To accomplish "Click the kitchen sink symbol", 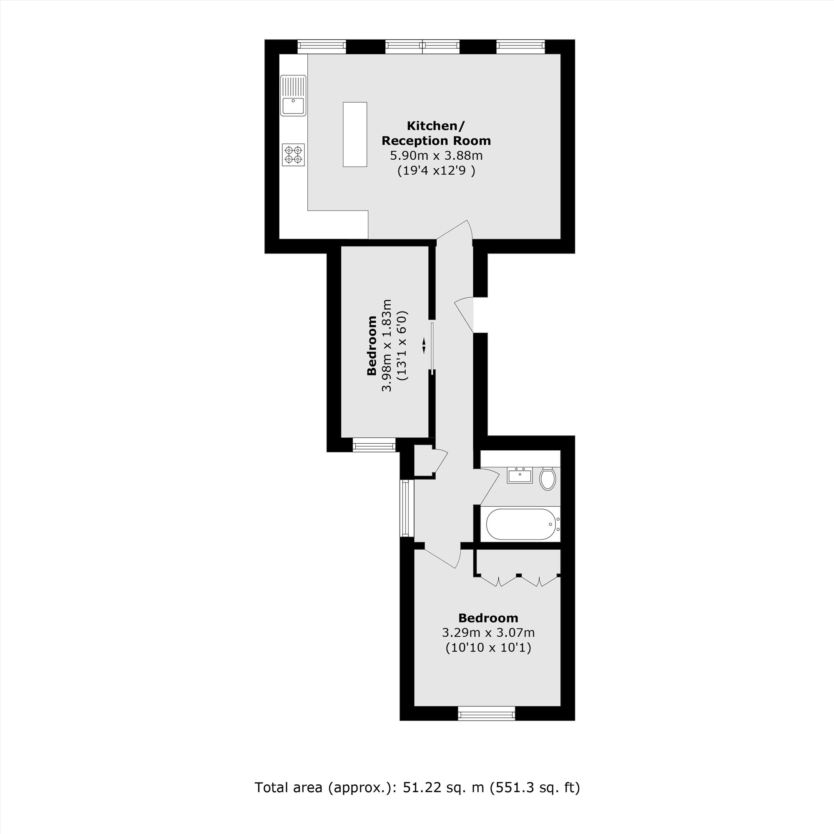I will (x=293, y=95).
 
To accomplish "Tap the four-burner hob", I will (x=293, y=155).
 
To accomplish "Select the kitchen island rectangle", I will (x=355, y=134).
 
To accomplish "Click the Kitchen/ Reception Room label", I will (x=436, y=133).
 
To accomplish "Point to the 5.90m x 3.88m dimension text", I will (x=436, y=156).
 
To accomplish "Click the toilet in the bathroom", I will (x=548, y=478).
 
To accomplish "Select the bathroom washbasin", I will (x=519, y=476).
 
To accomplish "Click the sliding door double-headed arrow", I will (x=424, y=345).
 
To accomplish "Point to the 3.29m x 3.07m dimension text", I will (x=488, y=633).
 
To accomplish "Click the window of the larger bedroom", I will (x=487, y=713).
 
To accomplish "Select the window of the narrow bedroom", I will (x=374, y=445).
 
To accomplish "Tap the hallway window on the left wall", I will (x=405, y=508).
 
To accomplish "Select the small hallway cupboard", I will (x=423, y=462).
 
